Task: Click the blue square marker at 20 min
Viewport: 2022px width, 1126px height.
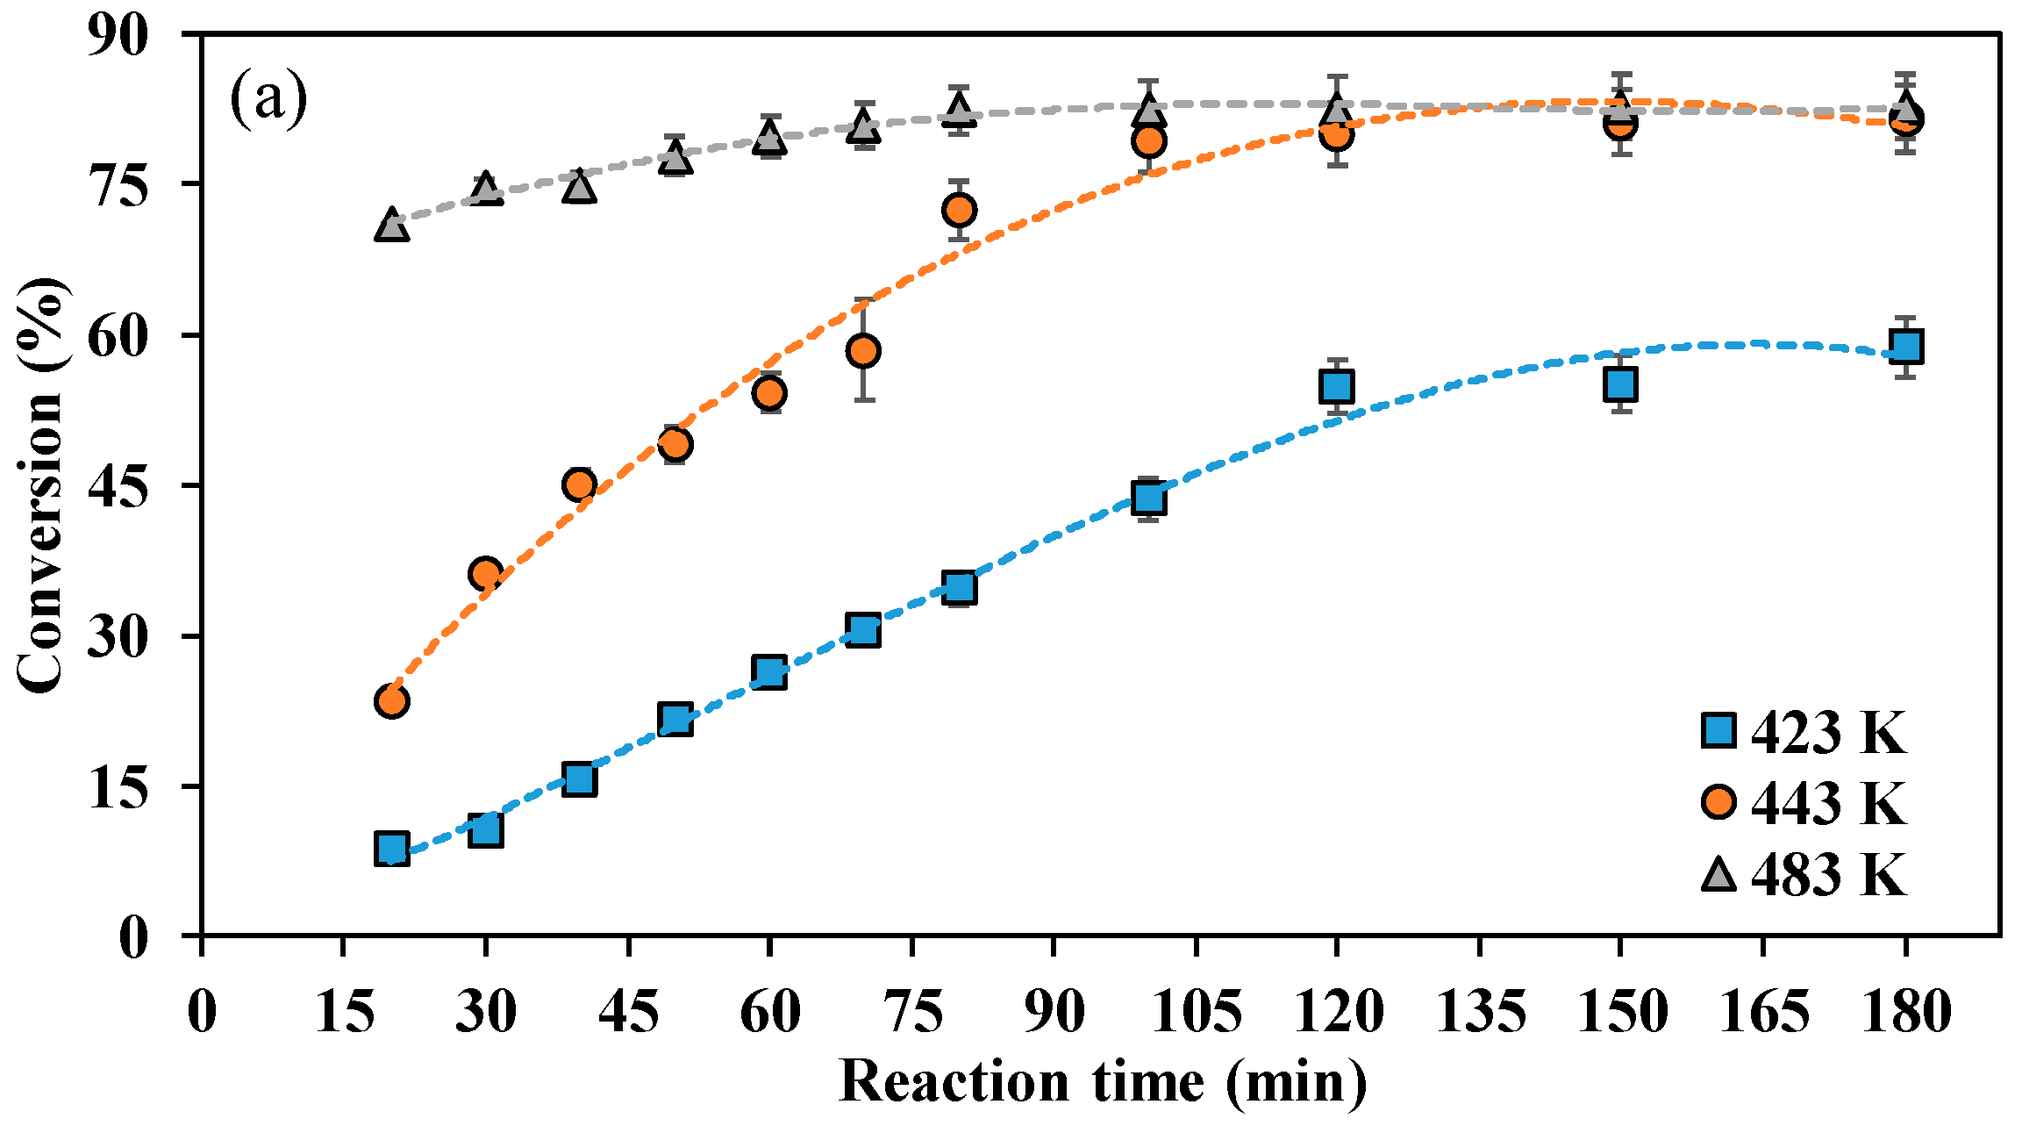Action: point(391,849)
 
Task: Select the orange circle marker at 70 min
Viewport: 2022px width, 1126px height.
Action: point(864,351)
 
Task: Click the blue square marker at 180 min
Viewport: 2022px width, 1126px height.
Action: point(1905,346)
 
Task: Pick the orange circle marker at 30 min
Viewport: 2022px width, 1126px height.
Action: point(486,575)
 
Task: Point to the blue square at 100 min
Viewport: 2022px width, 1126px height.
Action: point(1148,498)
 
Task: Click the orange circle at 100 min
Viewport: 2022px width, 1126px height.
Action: point(1148,140)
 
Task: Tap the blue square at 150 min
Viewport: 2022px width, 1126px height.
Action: point(1620,384)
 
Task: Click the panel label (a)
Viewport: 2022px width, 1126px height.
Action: point(268,98)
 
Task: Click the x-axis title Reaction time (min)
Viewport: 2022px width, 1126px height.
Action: point(1103,1081)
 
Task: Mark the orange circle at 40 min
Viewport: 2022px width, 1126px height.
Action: point(579,484)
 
